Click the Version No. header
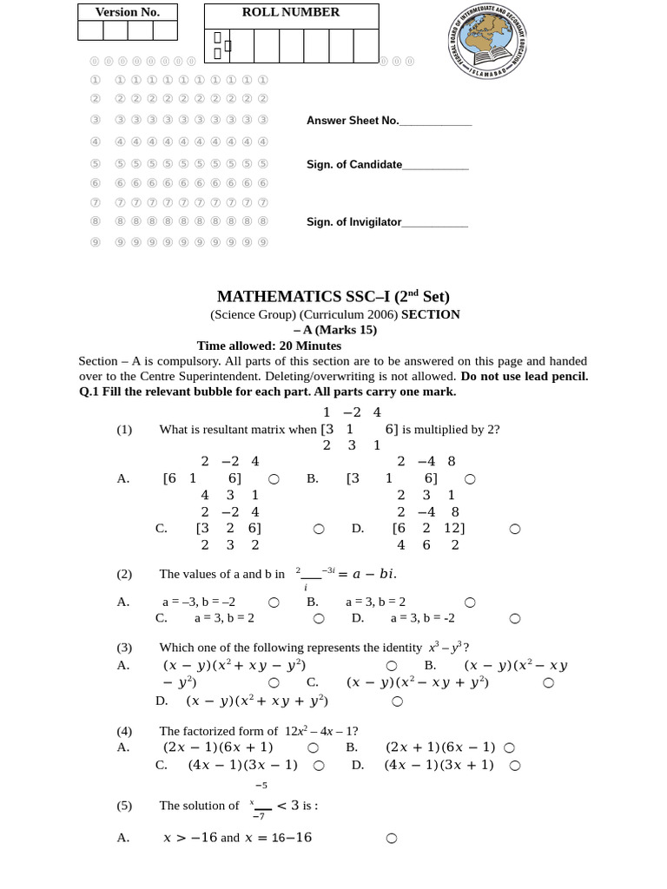(128, 12)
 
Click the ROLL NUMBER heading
(291, 12)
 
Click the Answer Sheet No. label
(352, 121)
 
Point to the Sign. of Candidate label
(353, 164)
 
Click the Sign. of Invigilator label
(353, 221)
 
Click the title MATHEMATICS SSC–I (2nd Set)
(333, 296)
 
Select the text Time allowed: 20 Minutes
(269, 346)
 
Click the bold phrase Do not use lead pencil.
(525, 376)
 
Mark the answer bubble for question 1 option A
(274, 478)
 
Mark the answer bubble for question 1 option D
(515, 529)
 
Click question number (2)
(124, 574)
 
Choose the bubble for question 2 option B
(470, 602)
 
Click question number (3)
(124, 647)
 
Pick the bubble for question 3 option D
(397, 701)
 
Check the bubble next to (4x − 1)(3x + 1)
(515, 766)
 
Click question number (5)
(124, 805)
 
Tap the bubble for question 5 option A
(391, 838)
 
